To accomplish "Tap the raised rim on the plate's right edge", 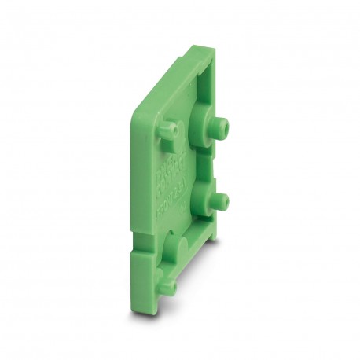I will [x=233, y=157].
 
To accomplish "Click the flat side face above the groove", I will [x=141, y=181].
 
